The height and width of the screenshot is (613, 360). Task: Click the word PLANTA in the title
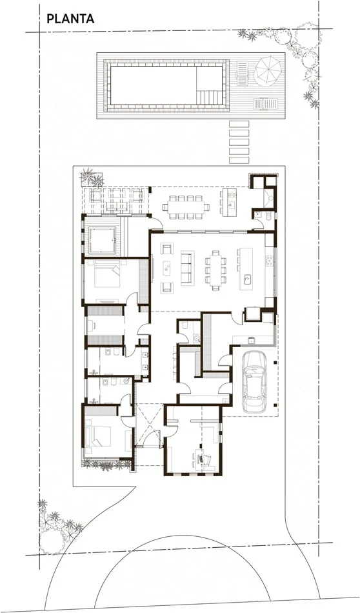click(x=70, y=18)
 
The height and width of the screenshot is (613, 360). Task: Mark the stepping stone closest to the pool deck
click(x=239, y=124)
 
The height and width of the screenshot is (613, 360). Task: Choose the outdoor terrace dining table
click(x=186, y=206)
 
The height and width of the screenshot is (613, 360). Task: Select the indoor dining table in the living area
click(x=215, y=270)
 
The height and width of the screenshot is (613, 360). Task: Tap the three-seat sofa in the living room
click(x=186, y=268)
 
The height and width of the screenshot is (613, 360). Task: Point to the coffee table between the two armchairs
click(x=167, y=268)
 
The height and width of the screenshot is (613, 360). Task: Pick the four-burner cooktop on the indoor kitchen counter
click(x=269, y=259)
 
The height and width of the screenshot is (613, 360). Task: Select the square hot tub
click(x=103, y=240)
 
